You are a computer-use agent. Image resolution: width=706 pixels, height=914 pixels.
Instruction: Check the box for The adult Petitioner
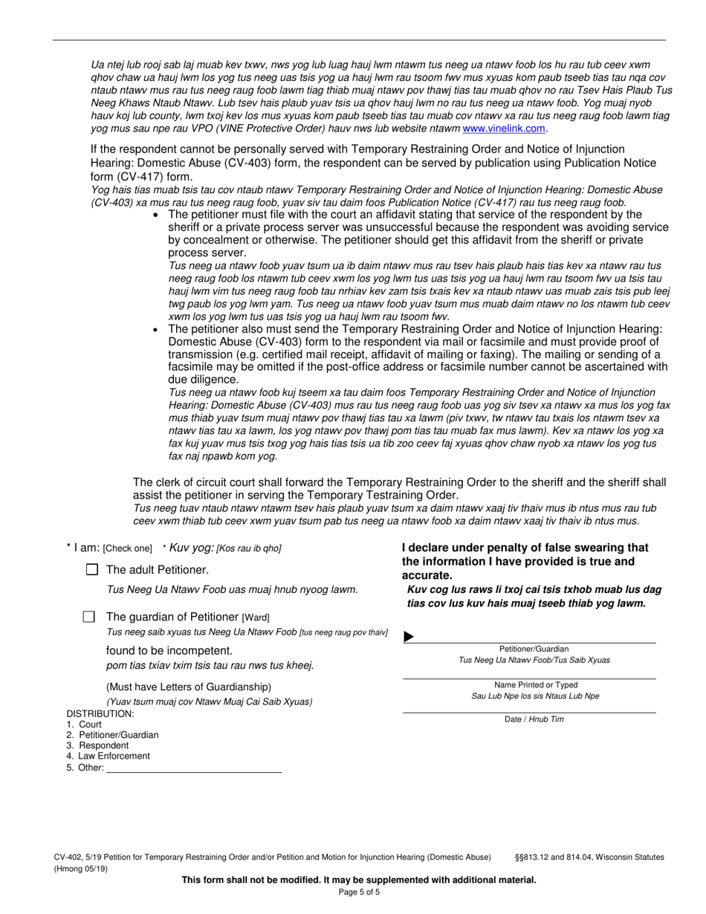click(x=92, y=570)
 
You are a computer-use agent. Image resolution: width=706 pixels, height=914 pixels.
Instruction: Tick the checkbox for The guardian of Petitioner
click(x=89, y=616)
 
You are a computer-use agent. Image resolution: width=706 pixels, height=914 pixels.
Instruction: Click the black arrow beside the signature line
click(x=409, y=637)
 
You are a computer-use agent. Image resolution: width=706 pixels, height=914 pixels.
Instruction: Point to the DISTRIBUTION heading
click(x=100, y=713)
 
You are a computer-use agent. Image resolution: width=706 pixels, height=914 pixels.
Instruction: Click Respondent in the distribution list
click(x=103, y=745)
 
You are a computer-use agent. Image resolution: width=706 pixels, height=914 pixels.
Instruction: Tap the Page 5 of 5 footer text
click(x=359, y=892)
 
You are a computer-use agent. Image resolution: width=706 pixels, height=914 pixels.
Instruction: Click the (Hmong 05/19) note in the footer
click(x=80, y=869)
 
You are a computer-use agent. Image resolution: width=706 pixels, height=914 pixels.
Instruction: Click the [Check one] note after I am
click(x=127, y=549)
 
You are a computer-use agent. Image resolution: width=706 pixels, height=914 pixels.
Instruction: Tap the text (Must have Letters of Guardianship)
click(x=189, y=687)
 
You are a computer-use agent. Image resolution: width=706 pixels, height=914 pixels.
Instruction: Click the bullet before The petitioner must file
click(x=155, y=215)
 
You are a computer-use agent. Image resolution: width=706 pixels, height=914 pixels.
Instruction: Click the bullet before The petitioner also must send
click(x=155, y=329)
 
